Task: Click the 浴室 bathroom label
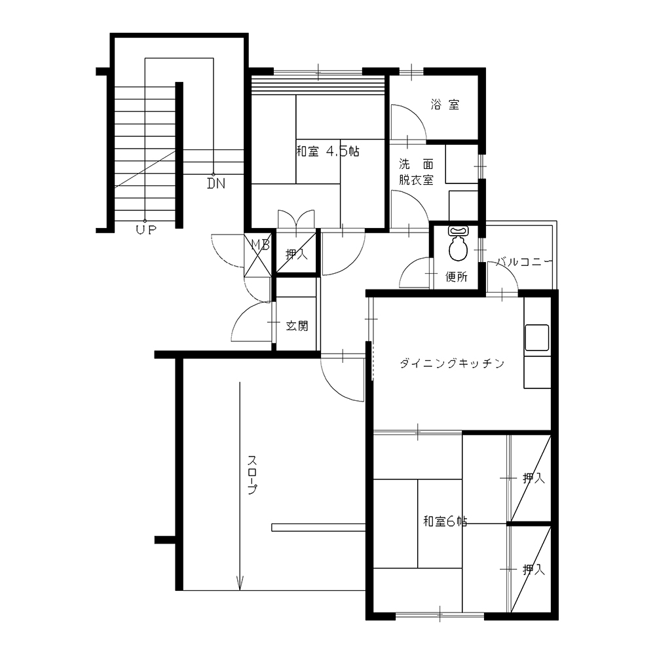click(445, 104)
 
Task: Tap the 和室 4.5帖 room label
click(327, 151)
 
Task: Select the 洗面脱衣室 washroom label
click(416, 172)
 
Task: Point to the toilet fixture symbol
click(458, 244)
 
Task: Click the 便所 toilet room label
click(457, 276)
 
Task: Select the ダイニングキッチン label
click(453, 364)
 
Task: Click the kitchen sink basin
click(537, 337)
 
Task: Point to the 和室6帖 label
click(445, 521)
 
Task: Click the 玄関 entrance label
click(297, 326)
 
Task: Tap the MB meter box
click(257, 255)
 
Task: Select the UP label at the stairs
click(146, 229)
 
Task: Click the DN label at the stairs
click(216, 183)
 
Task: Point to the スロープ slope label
click(252, 475)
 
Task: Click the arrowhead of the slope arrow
click(240, 584)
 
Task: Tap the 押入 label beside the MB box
click(297, 253)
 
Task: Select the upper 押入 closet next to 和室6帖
click(534, 478)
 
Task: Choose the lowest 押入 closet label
click(534, 569)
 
